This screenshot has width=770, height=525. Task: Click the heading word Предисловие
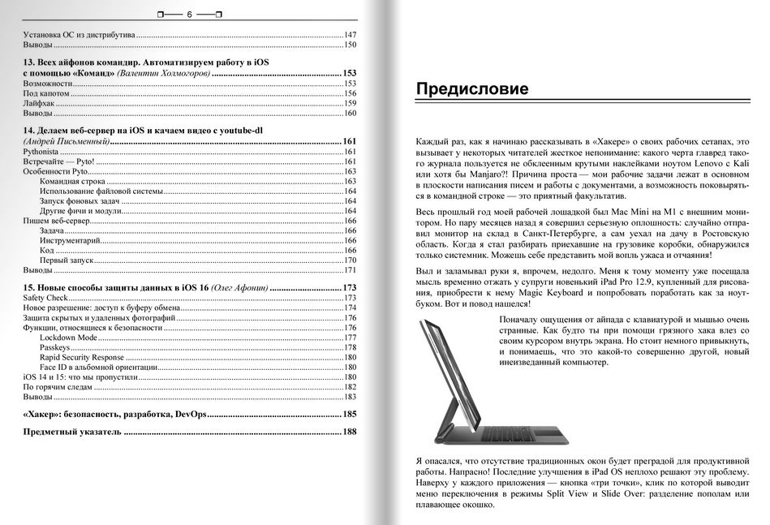(x=471, y=89)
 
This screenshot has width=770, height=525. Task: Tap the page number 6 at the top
(x=189, y=14)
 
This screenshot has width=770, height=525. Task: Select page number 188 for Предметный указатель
(x=350, y=432)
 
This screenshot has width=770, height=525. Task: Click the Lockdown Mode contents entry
(x=68, y=338)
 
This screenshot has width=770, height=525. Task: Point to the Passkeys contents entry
(x=55, y=347)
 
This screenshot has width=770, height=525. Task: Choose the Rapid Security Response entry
(x=81, y=357)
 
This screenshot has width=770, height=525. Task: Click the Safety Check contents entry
(x=45, y=299)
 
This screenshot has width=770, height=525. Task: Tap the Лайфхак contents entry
(x=39, y=103)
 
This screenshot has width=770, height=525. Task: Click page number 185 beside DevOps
(x=350, y=415)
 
